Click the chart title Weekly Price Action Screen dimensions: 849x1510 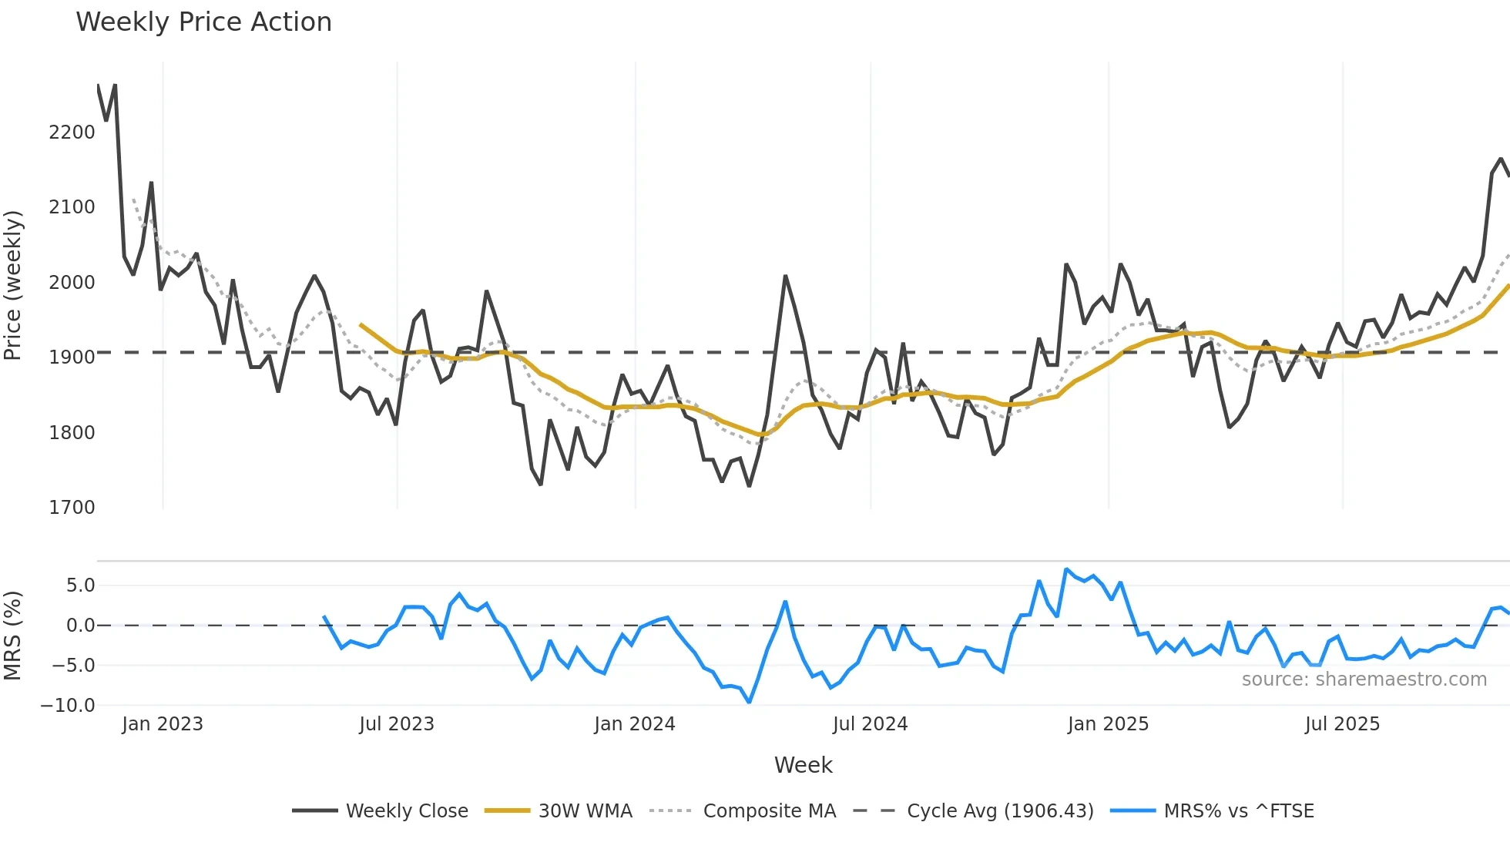point(203,22)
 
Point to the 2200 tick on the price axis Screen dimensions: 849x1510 point(72,133)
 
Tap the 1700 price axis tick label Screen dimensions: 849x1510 point(72,508)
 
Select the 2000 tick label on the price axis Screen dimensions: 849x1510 point(72,283)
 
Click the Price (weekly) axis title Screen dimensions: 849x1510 point(12,285)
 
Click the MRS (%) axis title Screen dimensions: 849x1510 point(12,636)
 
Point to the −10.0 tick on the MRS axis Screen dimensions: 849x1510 point(68,706)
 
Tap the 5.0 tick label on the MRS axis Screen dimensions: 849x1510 point(80,586)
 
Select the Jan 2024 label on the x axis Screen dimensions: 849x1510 point(635,724)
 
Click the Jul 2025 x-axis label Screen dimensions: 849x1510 point(1342,724)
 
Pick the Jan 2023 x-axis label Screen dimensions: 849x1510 point(163,724)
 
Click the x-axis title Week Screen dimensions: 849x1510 point(803,765)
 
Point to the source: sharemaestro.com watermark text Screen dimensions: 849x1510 point(1364,680)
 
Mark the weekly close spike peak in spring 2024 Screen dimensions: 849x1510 point(785,276)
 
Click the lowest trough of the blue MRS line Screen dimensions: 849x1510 point(749,702)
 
